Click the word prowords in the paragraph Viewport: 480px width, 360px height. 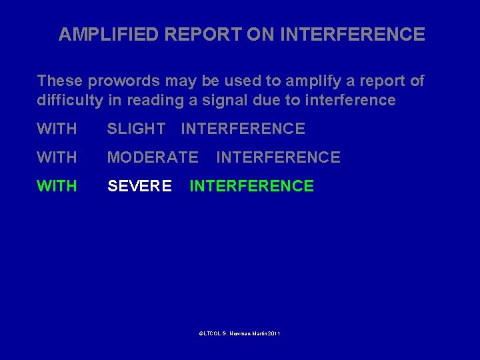coord(115,81)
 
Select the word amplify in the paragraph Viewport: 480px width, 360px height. coord(312,81)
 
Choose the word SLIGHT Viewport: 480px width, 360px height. coord(136,129)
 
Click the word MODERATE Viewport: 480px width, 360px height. coord(153,157)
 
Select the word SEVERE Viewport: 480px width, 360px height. coord(139,186)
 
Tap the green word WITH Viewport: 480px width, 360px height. coord(57,186)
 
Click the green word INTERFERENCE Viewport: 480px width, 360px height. coord(251,186)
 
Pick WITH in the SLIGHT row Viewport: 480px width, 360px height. coord(57,129)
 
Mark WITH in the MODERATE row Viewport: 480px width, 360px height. coord(57,157)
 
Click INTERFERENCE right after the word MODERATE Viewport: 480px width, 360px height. coord(278,157)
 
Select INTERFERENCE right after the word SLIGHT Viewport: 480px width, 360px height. coord(243,129)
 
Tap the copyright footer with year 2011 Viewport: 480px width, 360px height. coord(239,333)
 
